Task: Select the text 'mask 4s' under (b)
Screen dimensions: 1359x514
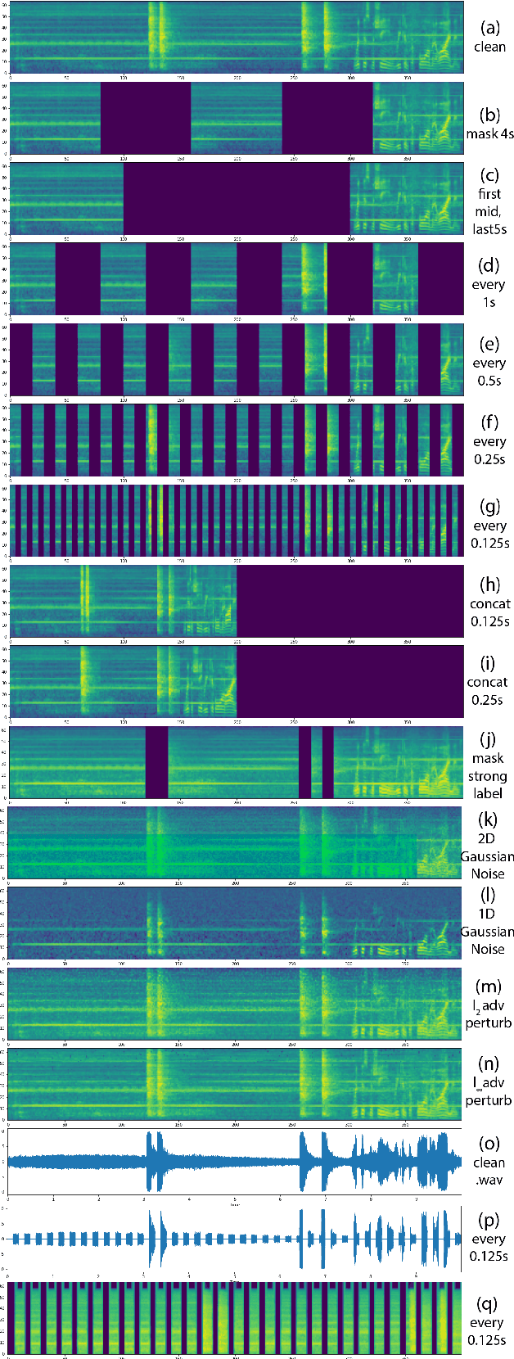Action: pos(489,133)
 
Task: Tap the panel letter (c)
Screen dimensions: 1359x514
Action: pos(489,175)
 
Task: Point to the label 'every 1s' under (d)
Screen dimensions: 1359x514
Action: pos(489,294)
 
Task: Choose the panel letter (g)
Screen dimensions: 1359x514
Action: pos(489,507)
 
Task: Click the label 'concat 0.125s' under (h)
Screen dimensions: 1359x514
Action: pos(489,612)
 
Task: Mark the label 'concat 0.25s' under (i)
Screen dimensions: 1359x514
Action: pos(489,691)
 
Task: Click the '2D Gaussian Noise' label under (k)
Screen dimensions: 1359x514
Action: pos(488,856)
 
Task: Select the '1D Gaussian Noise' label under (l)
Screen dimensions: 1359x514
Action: pos(488,932)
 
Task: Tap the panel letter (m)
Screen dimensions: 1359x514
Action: pos(489,987)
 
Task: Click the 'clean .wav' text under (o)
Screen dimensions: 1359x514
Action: pos(489,1171)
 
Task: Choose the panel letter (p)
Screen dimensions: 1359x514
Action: pos(489,1221)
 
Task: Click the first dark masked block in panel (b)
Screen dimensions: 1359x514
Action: pos(146,118)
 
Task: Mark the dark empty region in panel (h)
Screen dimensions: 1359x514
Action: pos(349,601)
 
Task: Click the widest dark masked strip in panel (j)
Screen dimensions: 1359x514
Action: pos(156,762)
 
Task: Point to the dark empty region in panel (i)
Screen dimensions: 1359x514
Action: pos(349,681)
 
